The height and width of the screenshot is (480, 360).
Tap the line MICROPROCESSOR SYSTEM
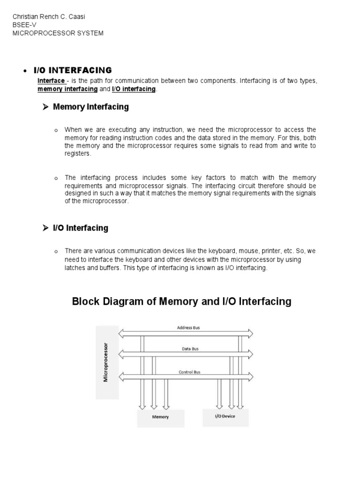(x=58, y=33)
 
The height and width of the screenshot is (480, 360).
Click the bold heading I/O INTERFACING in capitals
(x=73, y=70)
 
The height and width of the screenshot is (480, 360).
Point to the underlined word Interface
(x=51, y=81)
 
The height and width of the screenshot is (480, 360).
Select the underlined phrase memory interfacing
(x=67, y=89)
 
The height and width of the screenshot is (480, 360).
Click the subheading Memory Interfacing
(x=90, y=107)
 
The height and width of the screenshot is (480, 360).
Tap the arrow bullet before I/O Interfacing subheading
(x=45, y=228)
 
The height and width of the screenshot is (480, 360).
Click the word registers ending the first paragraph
(x=78, y=153)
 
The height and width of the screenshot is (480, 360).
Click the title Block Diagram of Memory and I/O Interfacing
(x=181, y=301)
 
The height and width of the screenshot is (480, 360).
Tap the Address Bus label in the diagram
(x=188, y=328)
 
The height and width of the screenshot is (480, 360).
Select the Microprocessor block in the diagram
(x=106, y=362)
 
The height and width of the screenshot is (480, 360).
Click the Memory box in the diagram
(x=160, y=417)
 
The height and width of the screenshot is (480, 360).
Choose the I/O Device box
(x=225, y=416)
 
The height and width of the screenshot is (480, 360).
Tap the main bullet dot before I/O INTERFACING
(x=24, y=71)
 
